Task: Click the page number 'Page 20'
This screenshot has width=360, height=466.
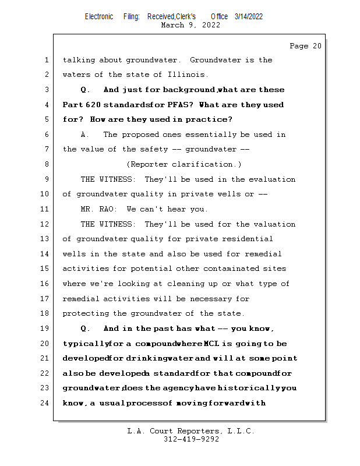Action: tap(305, 46)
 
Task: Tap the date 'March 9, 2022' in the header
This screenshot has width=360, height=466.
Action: tap(190, 25)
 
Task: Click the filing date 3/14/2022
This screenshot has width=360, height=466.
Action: tap(249, 16)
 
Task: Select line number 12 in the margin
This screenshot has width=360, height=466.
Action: tap(45, 224)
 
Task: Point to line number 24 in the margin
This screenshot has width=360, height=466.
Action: tap(45, 403)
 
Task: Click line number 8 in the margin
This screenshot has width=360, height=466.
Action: tap(45, 164)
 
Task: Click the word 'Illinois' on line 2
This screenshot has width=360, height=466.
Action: tap(188, 75)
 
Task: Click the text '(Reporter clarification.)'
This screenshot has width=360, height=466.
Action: tap(184, 164)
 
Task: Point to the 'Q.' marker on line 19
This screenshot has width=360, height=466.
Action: tap(86, 329)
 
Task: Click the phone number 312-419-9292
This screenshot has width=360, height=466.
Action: tap(191, 439)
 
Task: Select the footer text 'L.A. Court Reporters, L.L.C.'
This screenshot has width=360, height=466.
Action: tap(191, 431)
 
